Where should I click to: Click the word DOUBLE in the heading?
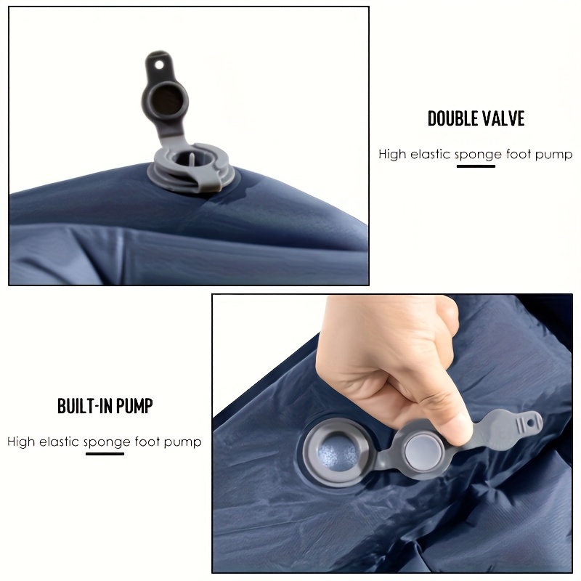click(449, 118)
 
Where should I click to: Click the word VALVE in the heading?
click(500, 118)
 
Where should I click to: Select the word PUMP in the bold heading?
click(134, 406)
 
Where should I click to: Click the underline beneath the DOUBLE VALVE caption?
click(476, 166)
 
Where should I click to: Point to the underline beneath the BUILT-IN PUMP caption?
click(105, 453)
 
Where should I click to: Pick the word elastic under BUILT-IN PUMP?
click(60, 442)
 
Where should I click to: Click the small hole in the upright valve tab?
click(159, 65)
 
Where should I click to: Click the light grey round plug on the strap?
click(424, 450)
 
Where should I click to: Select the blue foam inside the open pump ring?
click(338, 452)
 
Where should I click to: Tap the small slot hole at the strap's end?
click(531, 423)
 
